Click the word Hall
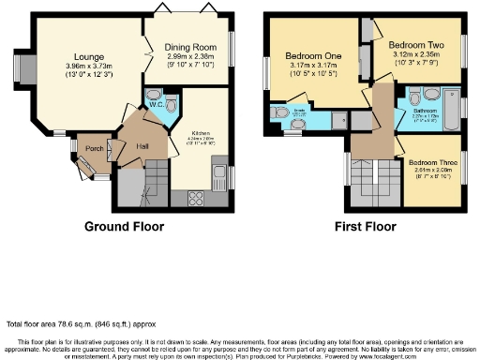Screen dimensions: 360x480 [x=142, y=146]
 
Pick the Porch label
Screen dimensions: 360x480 [x=94, y=148]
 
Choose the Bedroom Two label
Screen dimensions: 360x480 [x=414, y=44]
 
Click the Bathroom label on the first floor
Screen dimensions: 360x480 [x=426, y=111]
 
